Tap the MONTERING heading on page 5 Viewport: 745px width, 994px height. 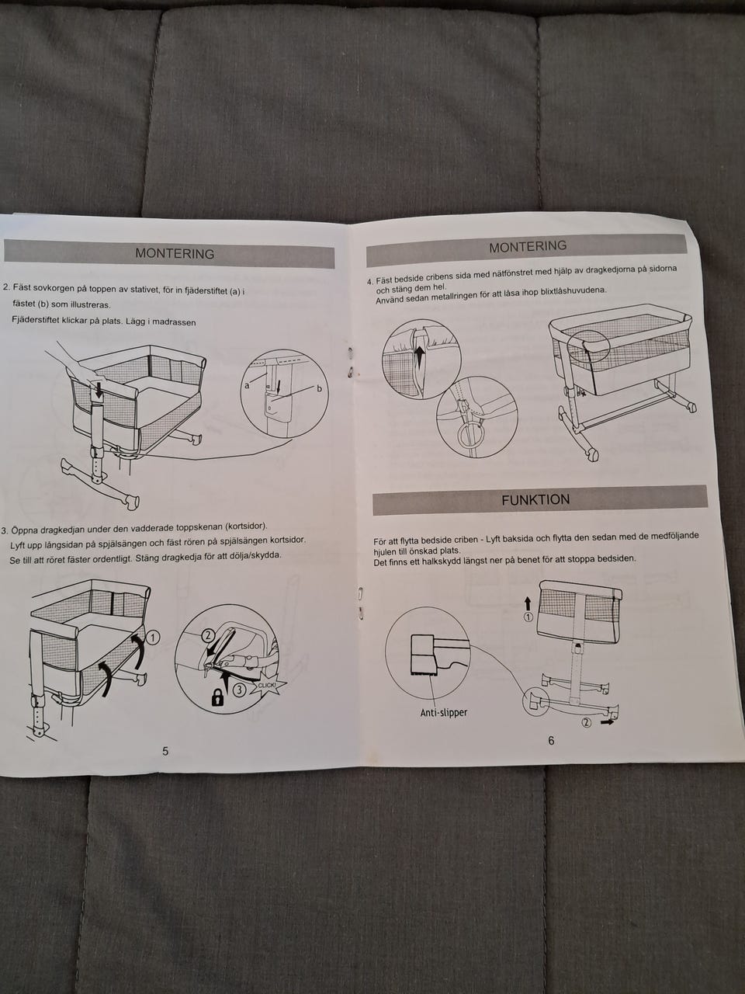click(175, 254)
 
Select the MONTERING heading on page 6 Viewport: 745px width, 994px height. click(528, 247)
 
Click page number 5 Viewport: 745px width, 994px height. click(165, 751)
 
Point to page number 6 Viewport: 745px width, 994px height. click(551, 740)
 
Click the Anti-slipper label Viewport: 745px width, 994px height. click(443, 712)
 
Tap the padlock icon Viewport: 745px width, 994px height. click(217, 698)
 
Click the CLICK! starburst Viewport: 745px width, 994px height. click(267, 685)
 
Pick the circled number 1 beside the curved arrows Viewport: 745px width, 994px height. click(153, 638)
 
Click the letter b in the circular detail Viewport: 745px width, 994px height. click(320, 388)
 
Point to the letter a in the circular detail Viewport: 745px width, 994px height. click(247, 385)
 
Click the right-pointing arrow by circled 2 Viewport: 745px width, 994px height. click(607, 722)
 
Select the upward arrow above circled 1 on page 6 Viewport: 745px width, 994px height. click(528, 603)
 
